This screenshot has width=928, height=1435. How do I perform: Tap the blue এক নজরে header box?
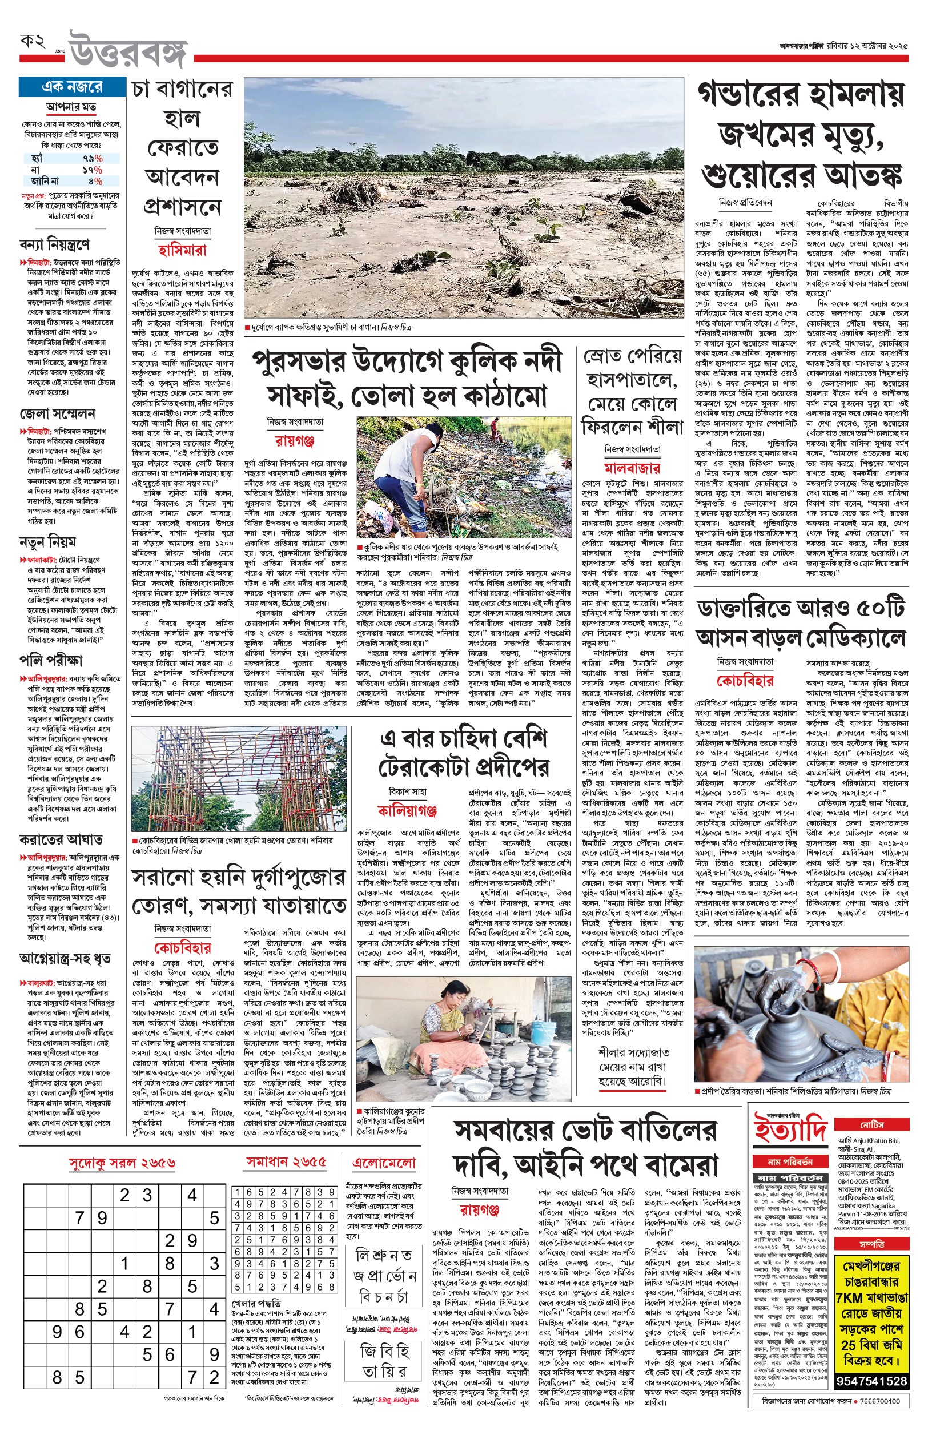pos(73,87)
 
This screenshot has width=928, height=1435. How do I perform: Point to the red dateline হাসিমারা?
pos(182,250)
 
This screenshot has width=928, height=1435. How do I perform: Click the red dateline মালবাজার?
pos(632,468)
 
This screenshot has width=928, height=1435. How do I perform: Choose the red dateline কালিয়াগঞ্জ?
pos(407,810)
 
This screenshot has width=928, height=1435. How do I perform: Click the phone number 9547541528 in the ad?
pos(872,1381)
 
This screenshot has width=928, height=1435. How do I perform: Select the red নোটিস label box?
pos(872,1125)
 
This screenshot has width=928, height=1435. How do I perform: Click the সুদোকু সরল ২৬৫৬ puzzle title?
pos(122,1163)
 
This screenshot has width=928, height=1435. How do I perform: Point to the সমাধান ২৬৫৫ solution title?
pos(286,1161)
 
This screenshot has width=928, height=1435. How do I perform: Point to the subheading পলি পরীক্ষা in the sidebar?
pos(51,660)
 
